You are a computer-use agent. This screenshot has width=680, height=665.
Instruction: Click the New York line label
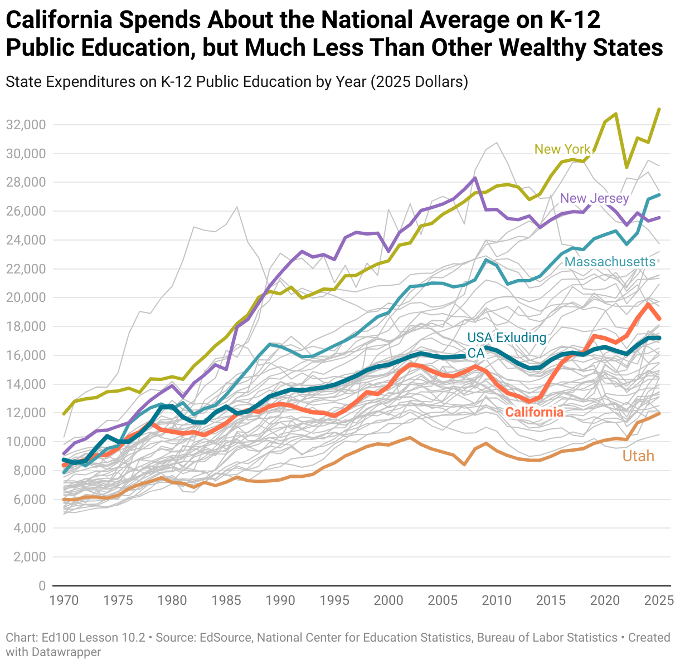[562, 149]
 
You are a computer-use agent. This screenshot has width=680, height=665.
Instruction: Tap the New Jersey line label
[594, 198]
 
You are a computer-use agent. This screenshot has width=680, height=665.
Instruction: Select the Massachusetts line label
[610, 262]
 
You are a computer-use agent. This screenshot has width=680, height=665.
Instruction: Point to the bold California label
[534, 412]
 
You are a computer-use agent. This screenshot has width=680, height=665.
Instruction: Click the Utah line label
[638, 456]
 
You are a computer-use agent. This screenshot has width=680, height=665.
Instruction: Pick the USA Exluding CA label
[506, 345]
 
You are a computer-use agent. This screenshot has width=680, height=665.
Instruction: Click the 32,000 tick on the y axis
[25, 125]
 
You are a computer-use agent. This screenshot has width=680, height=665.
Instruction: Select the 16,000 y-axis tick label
[25, 355]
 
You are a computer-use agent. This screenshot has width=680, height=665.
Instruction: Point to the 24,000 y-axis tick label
[25, 240]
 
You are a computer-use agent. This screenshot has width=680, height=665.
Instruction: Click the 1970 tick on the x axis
[64, 600]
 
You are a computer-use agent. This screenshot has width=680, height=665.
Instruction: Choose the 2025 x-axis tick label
[659, 600]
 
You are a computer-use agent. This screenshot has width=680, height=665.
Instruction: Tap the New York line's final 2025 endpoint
[659, 109]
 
